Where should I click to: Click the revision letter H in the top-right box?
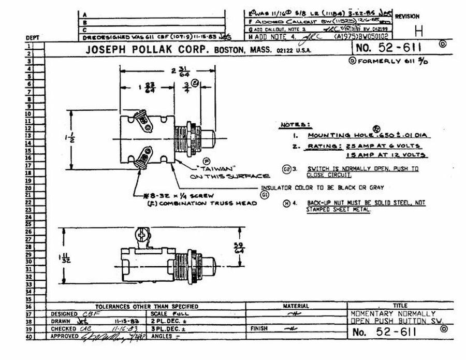point(418,32)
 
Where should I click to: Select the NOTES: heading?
point(295,125)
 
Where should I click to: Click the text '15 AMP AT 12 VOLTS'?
point(383,155)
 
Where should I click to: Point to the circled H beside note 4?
point(286,203)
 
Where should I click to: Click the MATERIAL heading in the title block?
point(296,306)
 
